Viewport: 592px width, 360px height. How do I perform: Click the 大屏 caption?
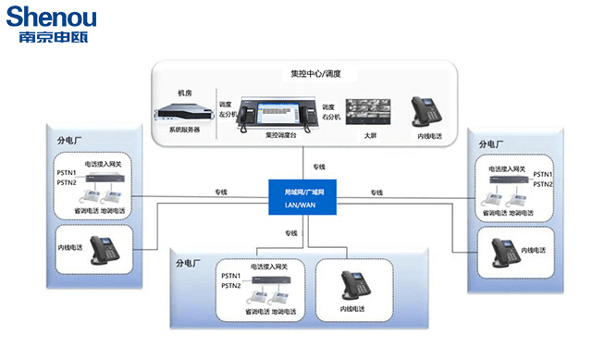[370, 135]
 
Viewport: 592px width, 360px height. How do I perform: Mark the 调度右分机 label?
[331, 111]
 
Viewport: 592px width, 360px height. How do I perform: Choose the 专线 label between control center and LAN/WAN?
[319, 167]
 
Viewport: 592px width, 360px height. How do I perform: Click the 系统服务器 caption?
[184, 130]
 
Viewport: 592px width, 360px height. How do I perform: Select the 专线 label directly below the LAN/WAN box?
[292, 232]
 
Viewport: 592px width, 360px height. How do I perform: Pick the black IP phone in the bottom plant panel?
[352, 285]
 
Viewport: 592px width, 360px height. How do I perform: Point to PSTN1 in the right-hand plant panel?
[543, 173]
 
